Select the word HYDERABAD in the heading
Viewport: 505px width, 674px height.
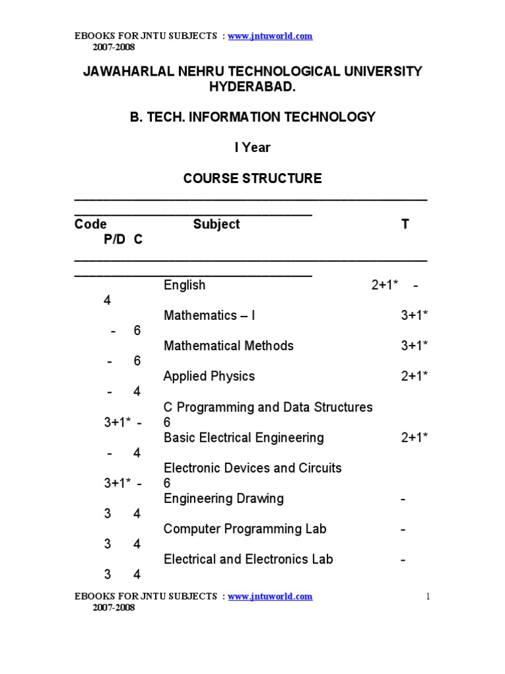tap(252, 87)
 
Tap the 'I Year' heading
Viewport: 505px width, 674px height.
tap(252, 147)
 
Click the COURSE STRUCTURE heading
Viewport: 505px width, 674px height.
tap(252, 178)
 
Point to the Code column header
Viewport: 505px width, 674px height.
tap(91, 224)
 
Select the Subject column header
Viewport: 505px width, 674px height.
tap(216, 224)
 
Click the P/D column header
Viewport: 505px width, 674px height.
tap(114, 240)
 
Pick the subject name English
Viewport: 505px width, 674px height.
tap(185, 285)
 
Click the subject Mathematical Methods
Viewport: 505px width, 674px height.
tap(228, 346)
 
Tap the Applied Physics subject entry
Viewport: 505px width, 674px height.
tap(209, 376)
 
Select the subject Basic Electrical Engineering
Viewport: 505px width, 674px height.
tap(244, 438)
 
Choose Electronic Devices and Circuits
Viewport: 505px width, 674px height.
tap(252, 468)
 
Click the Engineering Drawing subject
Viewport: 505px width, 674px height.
tap(224, 498)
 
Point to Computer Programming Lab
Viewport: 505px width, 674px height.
tap(245, 529)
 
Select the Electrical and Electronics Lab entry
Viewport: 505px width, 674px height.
tap(248, 559)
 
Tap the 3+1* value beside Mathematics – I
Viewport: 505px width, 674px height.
tap(415, 315)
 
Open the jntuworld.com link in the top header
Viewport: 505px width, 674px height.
tap(270, 36)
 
